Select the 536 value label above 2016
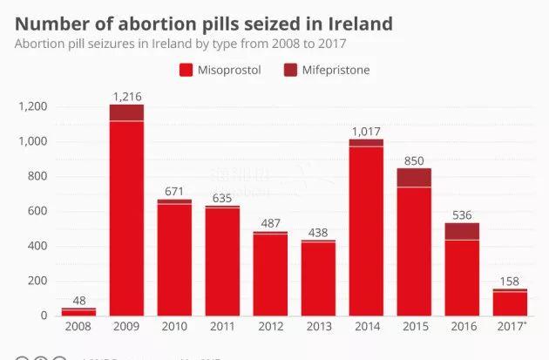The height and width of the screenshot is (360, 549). point(462,214)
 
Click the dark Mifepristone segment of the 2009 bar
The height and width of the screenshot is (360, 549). point(126,112)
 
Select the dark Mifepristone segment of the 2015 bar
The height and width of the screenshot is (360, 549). point(414,177)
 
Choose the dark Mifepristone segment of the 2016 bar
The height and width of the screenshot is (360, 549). point(462,231)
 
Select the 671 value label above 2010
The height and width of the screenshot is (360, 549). point(174,190)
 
